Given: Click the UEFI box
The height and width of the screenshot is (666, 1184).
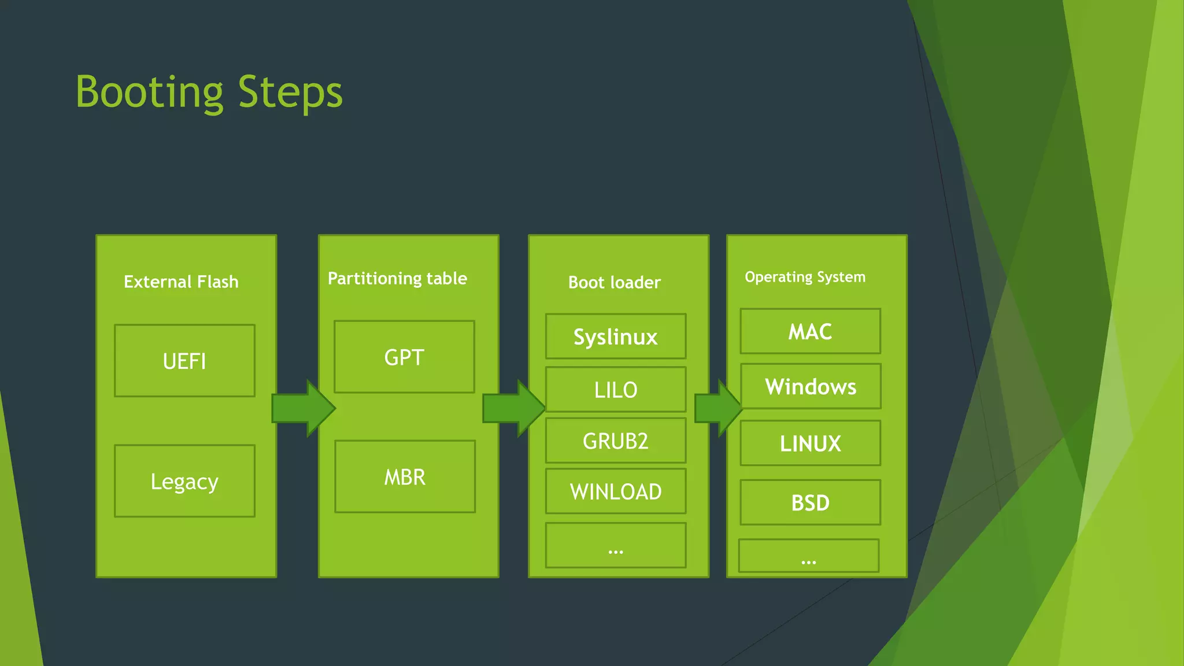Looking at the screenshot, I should pos(184,361).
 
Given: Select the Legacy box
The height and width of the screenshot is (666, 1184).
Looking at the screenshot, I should pos(184,481).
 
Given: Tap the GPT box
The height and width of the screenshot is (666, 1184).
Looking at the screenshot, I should pos(404,357).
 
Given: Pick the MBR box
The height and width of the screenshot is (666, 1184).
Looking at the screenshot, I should pos(405,476).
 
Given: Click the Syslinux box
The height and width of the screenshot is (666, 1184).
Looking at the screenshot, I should pos(616,336).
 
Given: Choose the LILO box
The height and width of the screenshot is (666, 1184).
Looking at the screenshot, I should pos(616,389).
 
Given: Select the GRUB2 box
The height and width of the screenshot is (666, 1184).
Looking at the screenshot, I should pos(616,441).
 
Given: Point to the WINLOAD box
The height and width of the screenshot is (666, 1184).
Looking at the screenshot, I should pos(616,491).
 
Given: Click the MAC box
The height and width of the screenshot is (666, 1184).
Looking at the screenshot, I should pos(810,331).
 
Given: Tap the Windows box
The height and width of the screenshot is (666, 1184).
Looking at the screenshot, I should pos(811,386).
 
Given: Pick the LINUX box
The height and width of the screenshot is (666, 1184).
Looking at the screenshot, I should pos(810,443).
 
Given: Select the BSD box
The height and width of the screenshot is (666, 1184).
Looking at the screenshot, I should pos(810,502).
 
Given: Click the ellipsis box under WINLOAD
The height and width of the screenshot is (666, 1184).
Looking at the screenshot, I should pos(616,545).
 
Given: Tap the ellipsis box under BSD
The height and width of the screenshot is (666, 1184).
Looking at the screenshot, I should pos(809,556).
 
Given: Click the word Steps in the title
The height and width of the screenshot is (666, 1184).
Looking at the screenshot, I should pos(290,92).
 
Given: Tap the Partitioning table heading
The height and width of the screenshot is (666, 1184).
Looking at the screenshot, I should pos(397,279).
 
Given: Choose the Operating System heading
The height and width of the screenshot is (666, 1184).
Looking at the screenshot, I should pos(805,277).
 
